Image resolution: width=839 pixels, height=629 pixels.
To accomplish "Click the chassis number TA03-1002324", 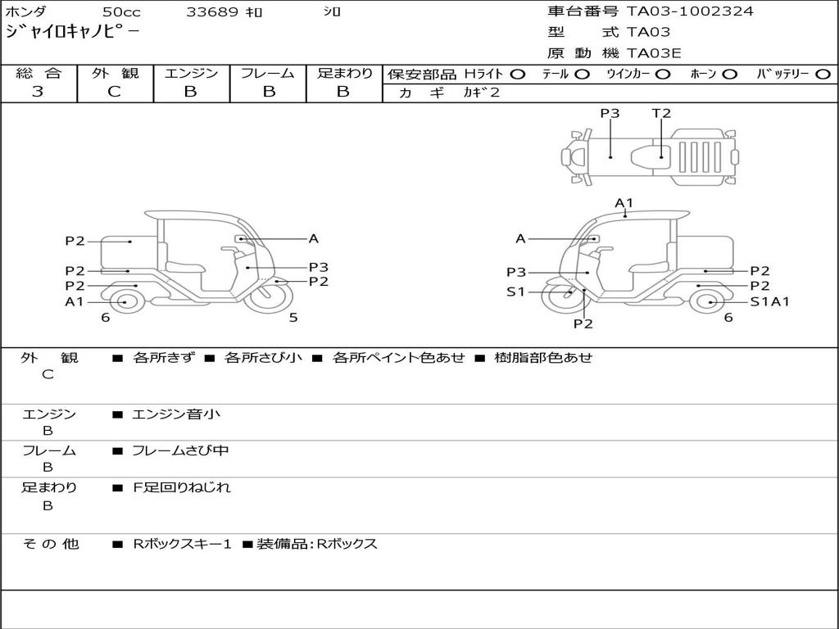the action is click(x=690, y=11).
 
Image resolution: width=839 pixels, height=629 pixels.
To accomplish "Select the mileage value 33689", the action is click(x=212, y=12).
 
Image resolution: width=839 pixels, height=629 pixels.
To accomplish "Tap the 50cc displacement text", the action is click(x=120, y=12).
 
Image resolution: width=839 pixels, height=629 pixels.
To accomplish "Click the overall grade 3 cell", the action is click(x=38, y=92).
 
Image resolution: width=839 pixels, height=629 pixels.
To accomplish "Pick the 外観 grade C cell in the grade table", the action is click(x=114, y=92).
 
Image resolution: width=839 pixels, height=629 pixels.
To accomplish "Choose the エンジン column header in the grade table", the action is click(x=191, y=74).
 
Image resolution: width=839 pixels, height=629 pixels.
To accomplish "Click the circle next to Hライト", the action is click(x=517, y=74).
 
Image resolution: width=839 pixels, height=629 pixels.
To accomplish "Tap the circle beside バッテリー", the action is click(x=822, y=74).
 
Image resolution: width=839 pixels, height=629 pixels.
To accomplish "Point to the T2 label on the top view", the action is click(x=661, y=114).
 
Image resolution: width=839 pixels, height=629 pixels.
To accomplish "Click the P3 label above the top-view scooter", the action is click(x=610, y=114).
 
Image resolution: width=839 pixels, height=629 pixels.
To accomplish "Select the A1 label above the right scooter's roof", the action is click(x=624, y=202).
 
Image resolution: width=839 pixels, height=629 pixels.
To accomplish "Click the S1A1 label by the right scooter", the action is click(x=769, y=301).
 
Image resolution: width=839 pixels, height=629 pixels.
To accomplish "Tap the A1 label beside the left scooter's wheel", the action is click(x=75, y=301).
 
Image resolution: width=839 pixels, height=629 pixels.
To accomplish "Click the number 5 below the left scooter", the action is click(x=293, y=318).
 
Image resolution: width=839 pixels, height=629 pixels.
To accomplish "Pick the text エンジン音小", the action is click(x=176, y=414).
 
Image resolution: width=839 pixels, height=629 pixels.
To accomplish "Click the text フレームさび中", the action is click(x=180, y=450).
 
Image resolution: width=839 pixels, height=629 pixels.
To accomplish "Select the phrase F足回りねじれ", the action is click(x=182, y=487).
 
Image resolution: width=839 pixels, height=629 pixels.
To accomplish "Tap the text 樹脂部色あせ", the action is click(x=543, y=357).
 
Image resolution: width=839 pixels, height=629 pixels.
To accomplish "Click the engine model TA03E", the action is click(x=654, y=53).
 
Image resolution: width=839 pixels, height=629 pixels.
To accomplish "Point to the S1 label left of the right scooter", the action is click(x=515, y=292).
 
